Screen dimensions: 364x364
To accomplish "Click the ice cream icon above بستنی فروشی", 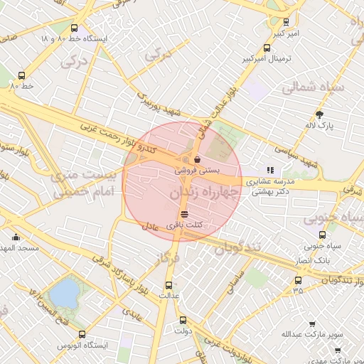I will pyautogui.click(x=196, y=159).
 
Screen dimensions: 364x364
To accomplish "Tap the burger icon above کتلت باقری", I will pyautogui.click(x=184, y=213).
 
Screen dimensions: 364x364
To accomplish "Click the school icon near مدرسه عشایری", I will pyautogui.click(x=270, y=170).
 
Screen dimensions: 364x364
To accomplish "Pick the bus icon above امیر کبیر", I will pyautogui.click(x=286, y=22).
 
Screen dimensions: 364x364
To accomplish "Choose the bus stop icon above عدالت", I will pyautogui.click(x=168, y=284).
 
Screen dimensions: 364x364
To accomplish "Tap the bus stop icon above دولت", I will pyautogui.click(x=183, y=320).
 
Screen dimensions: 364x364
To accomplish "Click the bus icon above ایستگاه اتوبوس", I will pyautogui.click(x=82, y=333).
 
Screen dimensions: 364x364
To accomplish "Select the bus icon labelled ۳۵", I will pyautogui.click(x=297, y=279).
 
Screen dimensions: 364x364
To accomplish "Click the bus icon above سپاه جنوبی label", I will pyautogui.click(x=322, y=235).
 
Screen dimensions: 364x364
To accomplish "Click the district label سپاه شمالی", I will pyautogui.click(x=313, y=89).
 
